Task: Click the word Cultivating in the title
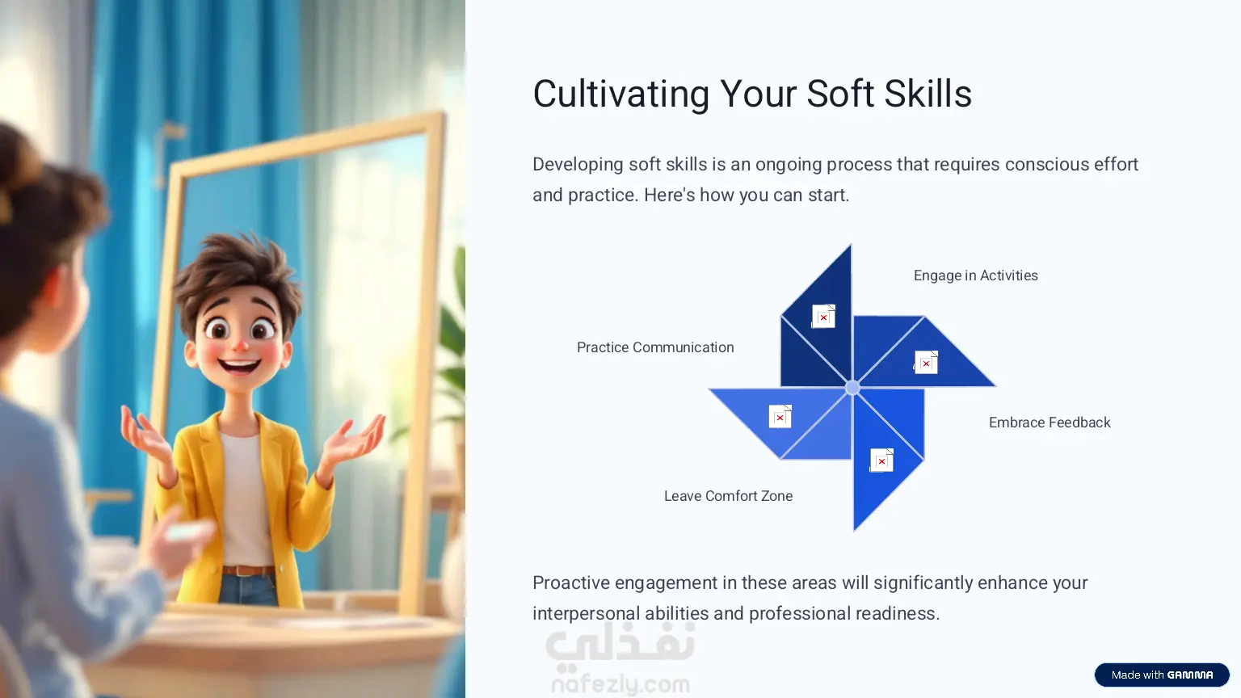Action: [x=621, y=94]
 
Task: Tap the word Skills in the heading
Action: [x=928, y=94]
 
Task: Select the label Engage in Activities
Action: [x=976, y=275]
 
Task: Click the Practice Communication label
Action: [x=655, y=347]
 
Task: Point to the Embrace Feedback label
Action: [x=1050, y=423]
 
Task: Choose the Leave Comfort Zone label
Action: [x=729, y=496]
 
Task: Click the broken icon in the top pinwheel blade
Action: [x=823, y=317]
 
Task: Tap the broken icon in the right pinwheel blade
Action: [x=926, y=362]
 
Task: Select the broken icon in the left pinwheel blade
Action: [x=780, y=417]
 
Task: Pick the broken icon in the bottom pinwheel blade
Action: [x=881, y=460]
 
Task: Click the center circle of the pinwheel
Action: [x=852, y=387]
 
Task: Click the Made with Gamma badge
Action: [x=1162, y=675]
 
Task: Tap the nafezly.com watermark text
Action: [x=620, y=684]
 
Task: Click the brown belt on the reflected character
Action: [x=248, y=570]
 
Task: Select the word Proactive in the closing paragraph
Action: [x=570, y=582]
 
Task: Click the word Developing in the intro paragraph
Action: [x=578, y=165]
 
